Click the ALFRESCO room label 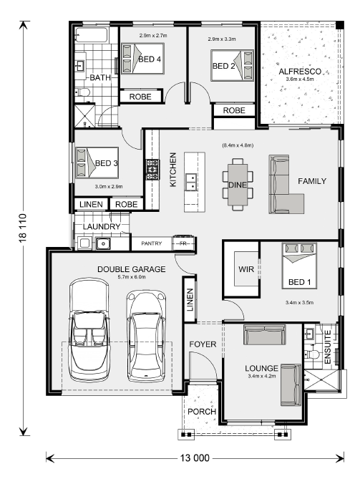tap(300, 72)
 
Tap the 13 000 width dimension tap(195, 458)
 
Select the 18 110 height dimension tap(23, 228)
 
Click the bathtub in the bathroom tap(92, 36)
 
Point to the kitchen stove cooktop tap(152, 170)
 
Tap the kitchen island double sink tap(191, 183)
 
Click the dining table tap(238, 184)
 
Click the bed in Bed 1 tap(299, 266)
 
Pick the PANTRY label tap(152, 243)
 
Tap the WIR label tap(246, 269)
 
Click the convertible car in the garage tap(89, 330)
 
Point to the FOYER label tap(203, 344)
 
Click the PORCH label tap(202, 412)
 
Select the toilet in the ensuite tap(312, 354)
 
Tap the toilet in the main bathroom tap(82, 92)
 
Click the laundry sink tap(103, 243)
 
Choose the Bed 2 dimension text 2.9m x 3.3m tap(222, 39)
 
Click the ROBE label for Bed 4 tap(140, 97)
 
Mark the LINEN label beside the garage tap(190, 300)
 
